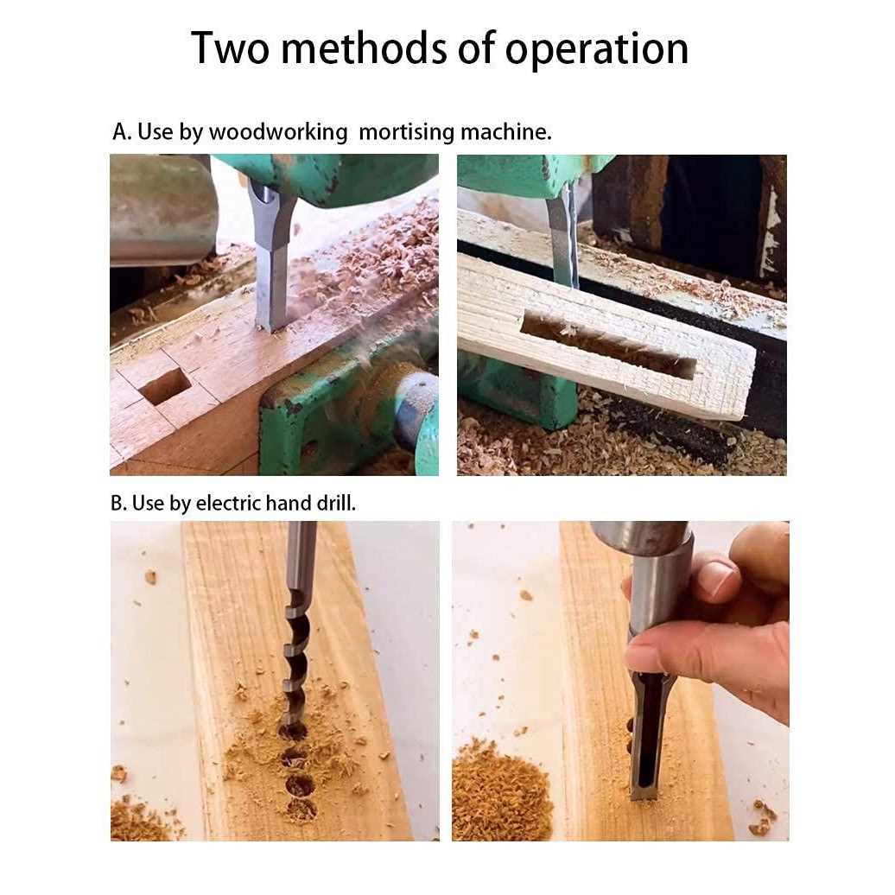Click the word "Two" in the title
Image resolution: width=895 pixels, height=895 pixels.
pos(227,48)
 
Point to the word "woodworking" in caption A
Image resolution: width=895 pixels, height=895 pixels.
pos(277,132)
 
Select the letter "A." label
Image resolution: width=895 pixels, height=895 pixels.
pos(122,132)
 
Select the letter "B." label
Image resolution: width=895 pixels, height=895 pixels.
pos(119,504)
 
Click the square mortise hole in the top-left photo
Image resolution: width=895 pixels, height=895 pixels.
pos(164,386)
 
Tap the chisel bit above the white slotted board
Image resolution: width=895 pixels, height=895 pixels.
pos(562,238)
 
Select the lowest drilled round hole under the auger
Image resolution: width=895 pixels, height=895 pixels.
pos(302,809)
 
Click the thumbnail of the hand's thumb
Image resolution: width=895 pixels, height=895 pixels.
pos(644,658)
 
